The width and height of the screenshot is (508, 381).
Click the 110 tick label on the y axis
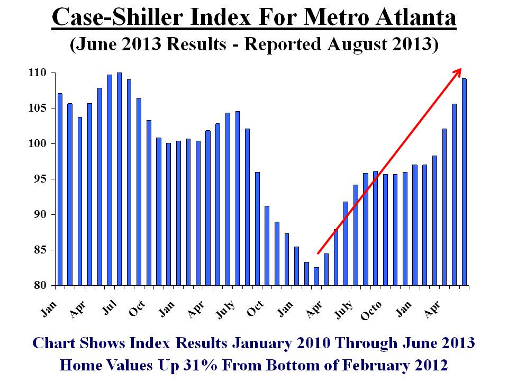pyautogui.click(x=37, y=72)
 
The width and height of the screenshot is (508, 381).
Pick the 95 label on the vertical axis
pyautogui.click(x=41, y=179)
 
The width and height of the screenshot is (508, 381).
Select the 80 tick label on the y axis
pyautogui.click(x=41, y=285)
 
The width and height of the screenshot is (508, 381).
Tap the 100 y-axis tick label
pyautogui.click(x=37, y=143)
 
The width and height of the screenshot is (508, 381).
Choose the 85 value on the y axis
pyautogui.click(x=41, y=250)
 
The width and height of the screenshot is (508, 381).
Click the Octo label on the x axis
pyautogui.click(x=371, y=311)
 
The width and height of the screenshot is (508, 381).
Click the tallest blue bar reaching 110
pyautogui.click(x=119, y=179)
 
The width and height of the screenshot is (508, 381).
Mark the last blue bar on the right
pyautogui.click(x=464, y=182)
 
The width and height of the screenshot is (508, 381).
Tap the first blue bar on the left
pyautogui.click(x=60, y=189)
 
